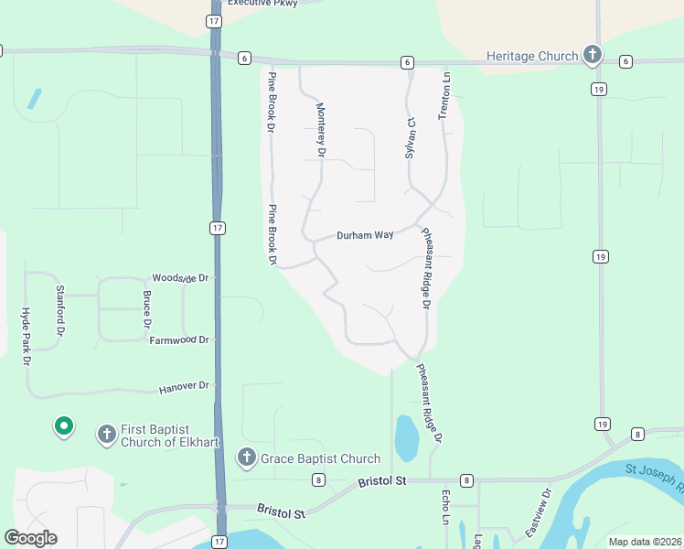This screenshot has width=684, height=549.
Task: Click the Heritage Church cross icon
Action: [x=592, y=55]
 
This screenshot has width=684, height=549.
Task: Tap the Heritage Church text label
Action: [x=532, y=56]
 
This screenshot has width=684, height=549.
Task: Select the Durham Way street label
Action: [x=365, y=235]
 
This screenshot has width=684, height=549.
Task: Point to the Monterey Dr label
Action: [x=321, y=129]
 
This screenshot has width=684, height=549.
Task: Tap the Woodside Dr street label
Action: [x=180, y=277]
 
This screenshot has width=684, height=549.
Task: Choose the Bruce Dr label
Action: [x=146, y=309]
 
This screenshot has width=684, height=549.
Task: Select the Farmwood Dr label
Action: [x=179, y=339]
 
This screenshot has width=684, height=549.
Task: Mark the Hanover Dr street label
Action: [x=185, y=386]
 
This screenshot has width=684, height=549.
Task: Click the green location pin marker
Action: [x=63, y=426]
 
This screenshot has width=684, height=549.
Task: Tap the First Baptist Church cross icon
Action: [x=106, y=434]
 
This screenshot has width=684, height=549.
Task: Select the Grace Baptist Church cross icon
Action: [x=246, y=457]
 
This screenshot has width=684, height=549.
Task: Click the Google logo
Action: [x=30, y=538]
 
